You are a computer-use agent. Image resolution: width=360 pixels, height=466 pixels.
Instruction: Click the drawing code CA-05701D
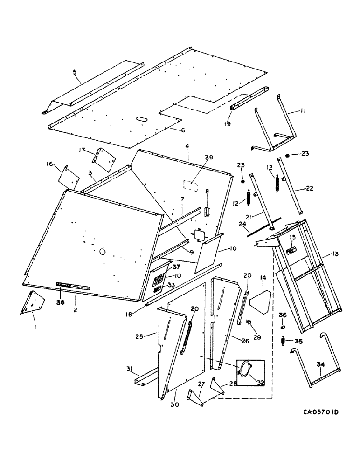[320, 412]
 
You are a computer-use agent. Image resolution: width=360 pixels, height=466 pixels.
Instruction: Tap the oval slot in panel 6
[141, 120]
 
